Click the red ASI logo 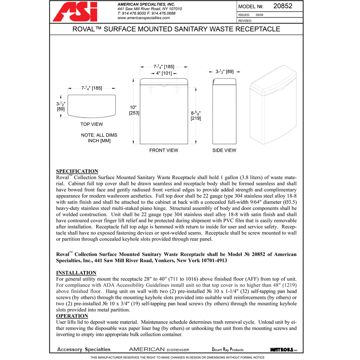pos(75,12)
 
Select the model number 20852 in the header pos(282,6)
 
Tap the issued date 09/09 pos(259,15)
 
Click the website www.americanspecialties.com pos(143,18)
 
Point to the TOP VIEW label pos(91,124)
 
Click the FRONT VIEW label pos(163,150)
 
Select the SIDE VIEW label pos(224,150)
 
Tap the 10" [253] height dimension pos(134,110)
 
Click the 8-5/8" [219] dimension pos(196,115)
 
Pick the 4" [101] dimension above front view pos(164,73)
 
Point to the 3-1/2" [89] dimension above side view pos(224,72)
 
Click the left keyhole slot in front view pos(151,89)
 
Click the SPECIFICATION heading pos(77,171)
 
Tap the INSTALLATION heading pos(76,273)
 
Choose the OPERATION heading pos(72,316)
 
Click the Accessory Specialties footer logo pos(84,349)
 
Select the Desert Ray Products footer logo pos(227,349)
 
